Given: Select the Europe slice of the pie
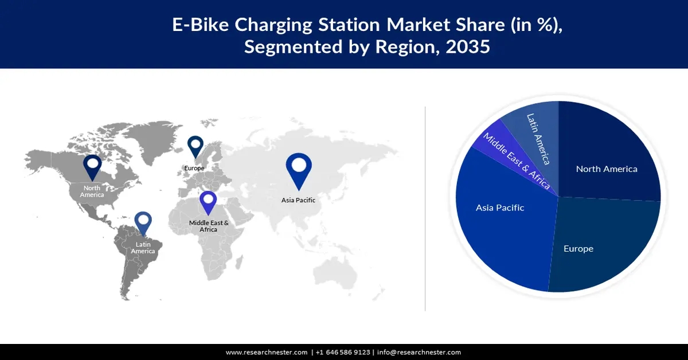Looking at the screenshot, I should pyautogui.click(x=596, y=246).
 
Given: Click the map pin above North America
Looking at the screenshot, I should pyautogui.click(x=92, y=167).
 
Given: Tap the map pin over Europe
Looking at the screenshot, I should pyautogui.click(x=196, y=146).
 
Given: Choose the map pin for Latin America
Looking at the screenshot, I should pyautogui.click(x=143, y=223).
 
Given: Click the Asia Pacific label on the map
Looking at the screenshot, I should pyautogui.click(x=298, y=200).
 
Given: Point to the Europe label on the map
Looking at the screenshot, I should pyautogui.click(x=194, y=168).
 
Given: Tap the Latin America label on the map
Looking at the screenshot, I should pyautogui.click(x=143, y=248).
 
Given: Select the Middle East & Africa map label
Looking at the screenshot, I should pyautogui.click(x=209, y=226).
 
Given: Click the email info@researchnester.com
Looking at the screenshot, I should pyautogui.click(x=419, y=353).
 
